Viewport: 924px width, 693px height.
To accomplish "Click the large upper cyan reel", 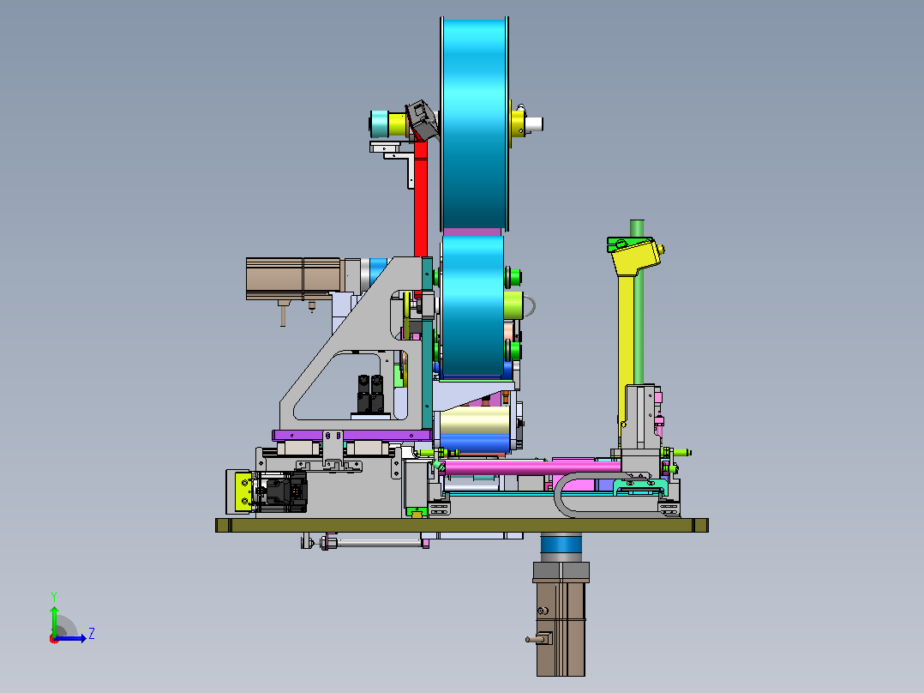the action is pos(474,124).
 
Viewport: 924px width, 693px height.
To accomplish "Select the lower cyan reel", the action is pos(472,306).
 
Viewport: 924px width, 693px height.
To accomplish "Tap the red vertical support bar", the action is pos(420,201).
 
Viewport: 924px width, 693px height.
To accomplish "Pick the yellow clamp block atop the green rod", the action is pos(635,256).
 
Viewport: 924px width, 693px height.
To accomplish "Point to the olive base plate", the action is pos(461,525).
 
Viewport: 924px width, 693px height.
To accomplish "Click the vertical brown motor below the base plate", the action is pos(561,618).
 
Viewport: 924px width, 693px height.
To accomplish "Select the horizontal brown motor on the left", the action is pos(293,279).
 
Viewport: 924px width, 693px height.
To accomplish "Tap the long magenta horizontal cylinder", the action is pos(531,468).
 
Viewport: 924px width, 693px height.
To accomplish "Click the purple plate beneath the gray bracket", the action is pos(352,435).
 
